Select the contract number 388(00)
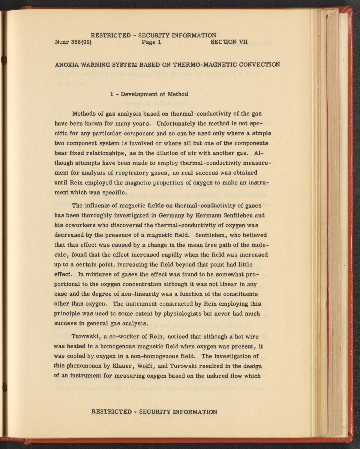[x=82, y=42]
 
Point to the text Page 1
[x=151, y=42]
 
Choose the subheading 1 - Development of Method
[x=149, y=94]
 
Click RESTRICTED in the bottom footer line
[x=111, y=412]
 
